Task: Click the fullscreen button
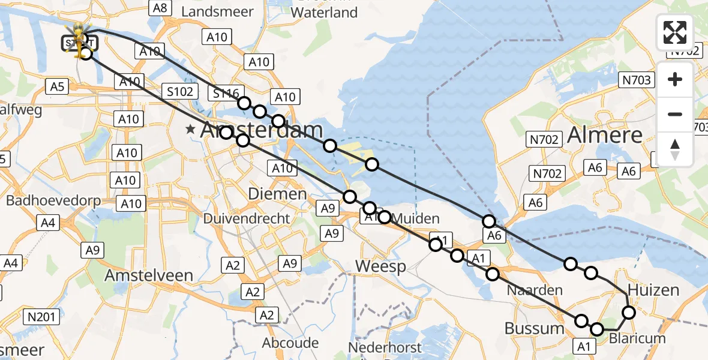pyautogui.click(x=675, y=32)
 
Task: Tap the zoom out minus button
pyautogui.click(x=675, y=114)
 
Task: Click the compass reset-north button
pyautogui.click(x=675, y=149)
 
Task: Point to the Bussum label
pyautogui.click(x=534, y=328)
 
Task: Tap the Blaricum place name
pyautogui.click(x=637, y=338)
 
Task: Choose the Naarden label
pyautogui.click(x=535, y=290)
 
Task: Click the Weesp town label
pyautogui.click(x=380, y=266)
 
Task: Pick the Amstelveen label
pyautogui.click(x=149, y=275)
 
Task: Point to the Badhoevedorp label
pyautogui.click(x=53, y=200)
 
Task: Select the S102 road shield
pyautogui.click(x=181, y=92)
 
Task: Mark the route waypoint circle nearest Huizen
pyautogui.click(x=629, y=312)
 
